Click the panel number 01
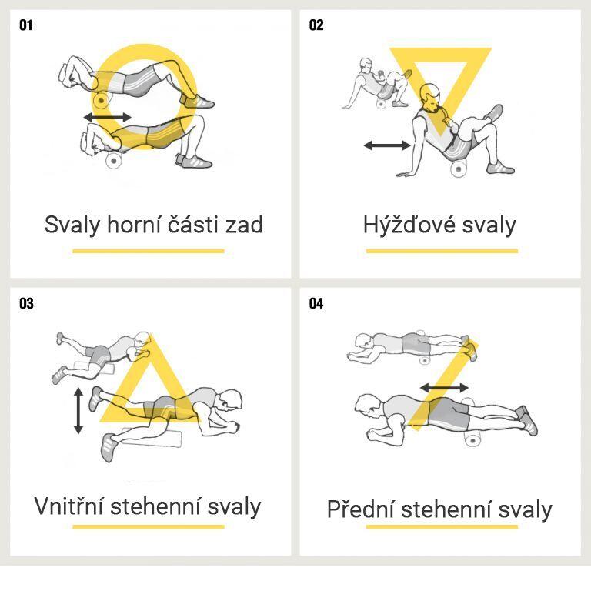(25, 25)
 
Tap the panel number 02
(316, 25)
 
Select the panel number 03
(26, 303)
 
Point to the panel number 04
(316, 303)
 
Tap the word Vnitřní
(68, 506)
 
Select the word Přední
(360, 509)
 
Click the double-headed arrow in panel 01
(108, 117)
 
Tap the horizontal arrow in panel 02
(387, 145)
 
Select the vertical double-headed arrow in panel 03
(78, 411)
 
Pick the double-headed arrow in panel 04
(444, 388)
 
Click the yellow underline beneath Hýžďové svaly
(442, 251)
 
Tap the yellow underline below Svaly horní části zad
(149, 251)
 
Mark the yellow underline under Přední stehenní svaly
(442, 527)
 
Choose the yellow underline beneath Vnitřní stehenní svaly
(149, 527)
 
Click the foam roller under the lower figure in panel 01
(113, 161)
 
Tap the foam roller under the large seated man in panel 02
(459, 169)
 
